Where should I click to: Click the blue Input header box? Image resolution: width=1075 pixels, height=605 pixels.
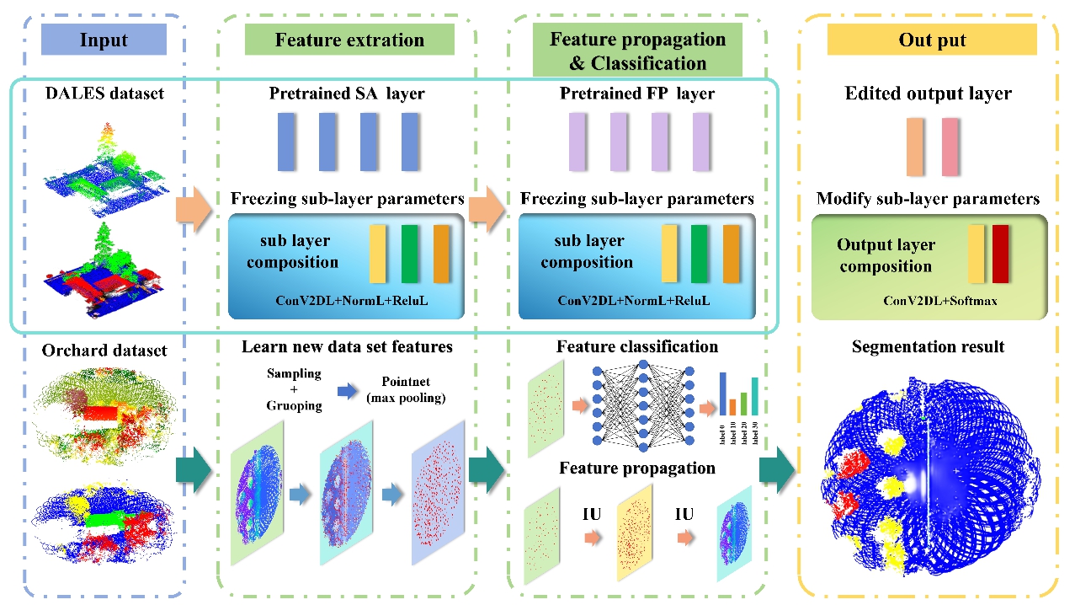click(x=104, y=40)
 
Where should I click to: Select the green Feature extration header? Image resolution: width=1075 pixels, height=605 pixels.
click(x=349, y=40)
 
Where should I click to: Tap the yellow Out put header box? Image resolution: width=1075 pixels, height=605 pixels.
click(x=932, y=40)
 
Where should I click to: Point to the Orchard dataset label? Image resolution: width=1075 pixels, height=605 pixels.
click(x=104, y=350)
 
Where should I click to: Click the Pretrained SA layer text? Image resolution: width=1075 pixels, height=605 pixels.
click(x=347, y=93)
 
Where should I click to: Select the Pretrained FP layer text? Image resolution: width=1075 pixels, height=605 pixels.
click(x=637, y=93)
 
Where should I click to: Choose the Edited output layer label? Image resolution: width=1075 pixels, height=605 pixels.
click(x=929, y=93)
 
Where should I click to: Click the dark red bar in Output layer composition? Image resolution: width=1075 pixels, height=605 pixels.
click(x=1000, y=254)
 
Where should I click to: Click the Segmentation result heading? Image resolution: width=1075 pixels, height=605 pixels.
click(x=928, y=346)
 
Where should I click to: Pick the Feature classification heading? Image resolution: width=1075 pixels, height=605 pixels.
click(x=637, y=346)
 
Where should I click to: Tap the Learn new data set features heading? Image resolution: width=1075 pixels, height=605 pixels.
click(x=347, y=346)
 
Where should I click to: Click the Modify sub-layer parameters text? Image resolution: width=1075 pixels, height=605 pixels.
click(x=928, y=200)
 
